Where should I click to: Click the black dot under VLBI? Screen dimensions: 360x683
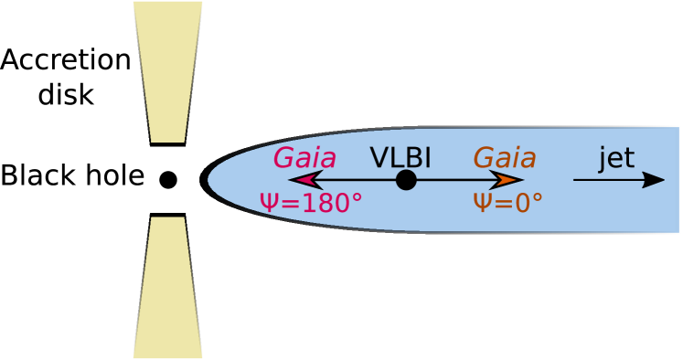[x=406, y=180]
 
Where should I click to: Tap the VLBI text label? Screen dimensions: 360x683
[x=400, y=157]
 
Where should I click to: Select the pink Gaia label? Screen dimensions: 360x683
[x=304, y=157]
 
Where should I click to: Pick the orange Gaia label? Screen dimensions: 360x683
[x=504, y=157]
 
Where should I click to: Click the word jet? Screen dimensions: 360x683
[x=616, y=157]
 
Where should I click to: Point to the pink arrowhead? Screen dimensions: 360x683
[x=303, y=180]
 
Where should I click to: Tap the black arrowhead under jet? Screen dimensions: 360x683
[x=653, y=180]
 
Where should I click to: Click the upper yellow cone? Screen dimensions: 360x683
[x=167, y=64]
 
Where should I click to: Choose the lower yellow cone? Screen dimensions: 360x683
[x=167, y=292]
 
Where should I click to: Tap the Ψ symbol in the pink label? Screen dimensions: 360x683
[x=269, y=203]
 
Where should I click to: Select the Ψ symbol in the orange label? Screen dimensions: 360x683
[x=482, y=203]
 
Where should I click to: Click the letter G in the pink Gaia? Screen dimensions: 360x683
[x=283, y=157]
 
